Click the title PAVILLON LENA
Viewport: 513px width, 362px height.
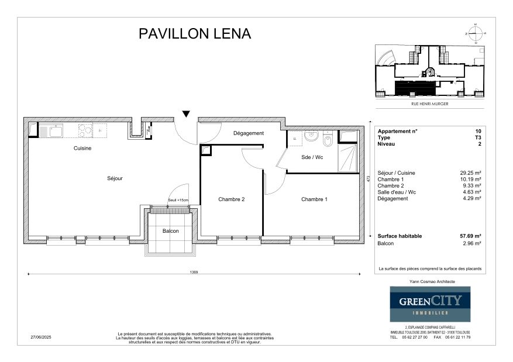click(x=195, y=33)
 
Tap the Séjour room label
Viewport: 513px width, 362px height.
click(x=115, y=178)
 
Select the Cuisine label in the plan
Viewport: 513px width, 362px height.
click(x=82, y=148)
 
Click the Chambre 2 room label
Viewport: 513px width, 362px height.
click(x=231, y=199)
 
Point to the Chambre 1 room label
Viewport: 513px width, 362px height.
click(x=314, y=199)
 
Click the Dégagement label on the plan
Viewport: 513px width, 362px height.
click(x=249, y=133)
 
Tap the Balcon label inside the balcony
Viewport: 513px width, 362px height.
click(x=171, y=231)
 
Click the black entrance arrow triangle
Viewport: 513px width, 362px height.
click(x=186, y=113)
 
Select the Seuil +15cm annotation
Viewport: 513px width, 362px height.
click(x=178, y=201)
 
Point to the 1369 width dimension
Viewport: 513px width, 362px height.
click(x=194, y=272)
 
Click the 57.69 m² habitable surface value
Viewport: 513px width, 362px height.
click(x=470, y=236)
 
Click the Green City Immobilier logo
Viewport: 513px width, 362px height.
click(x=430, y=305)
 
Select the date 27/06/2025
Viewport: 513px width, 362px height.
click(x=41, y=337)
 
